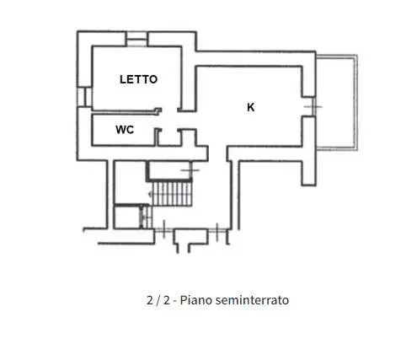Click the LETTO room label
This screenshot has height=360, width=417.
coord(138,79)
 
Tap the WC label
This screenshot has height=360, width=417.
coord(125,130)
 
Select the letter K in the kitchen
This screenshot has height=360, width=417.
coord(251,107)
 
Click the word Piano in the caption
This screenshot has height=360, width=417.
coord(195,300)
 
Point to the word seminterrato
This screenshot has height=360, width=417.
coord(252,300)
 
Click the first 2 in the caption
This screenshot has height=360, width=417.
coord(150,300)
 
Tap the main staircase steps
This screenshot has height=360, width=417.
coord(172,194)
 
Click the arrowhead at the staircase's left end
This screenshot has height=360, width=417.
coord(150,194)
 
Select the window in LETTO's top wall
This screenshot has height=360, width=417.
coord(136,39)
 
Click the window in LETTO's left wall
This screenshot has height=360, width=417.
coord(84,97)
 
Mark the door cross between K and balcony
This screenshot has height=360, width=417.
coord(313,107)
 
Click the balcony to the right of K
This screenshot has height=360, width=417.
coord(336,102)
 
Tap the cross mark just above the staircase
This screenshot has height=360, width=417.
coord(190,170)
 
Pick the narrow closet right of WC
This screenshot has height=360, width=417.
coord(168,137)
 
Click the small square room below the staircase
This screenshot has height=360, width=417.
coord(127,217)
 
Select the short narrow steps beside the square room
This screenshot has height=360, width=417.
coord(147,217)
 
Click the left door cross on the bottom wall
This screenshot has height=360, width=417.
coord(164,230)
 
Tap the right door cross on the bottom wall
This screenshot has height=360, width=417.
coord(217,232)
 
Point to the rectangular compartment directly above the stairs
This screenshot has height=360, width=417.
coord(168,170)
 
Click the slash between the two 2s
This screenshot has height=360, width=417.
coord(158,301)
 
